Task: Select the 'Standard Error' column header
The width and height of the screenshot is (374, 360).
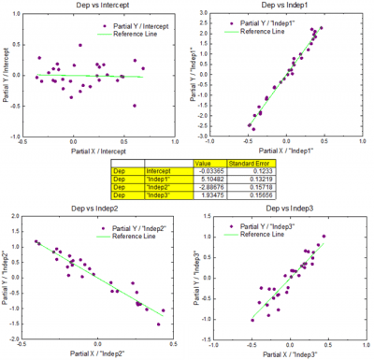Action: (237, 163)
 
